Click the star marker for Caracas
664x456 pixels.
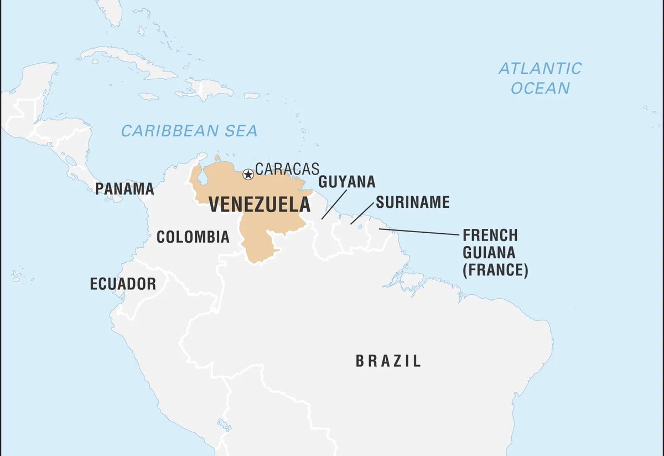coord(248,175)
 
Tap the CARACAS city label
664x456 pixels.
coord(287,169)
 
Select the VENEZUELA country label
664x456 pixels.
coord(260,204)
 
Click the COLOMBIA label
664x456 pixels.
coord(193,237)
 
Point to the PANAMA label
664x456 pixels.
coord(124,189)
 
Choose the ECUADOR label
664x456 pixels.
coord(123,284)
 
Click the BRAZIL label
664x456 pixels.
coord(388,361)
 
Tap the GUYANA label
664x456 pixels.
coord(347,182)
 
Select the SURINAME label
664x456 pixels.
coord(412,202)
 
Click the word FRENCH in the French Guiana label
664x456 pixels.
coord(490,234)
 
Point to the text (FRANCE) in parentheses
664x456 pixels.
coord(495,271)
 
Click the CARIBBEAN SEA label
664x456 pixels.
coord(189,131)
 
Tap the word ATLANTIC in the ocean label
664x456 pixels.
coord(540,69)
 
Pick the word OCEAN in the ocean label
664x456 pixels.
coord(540,88)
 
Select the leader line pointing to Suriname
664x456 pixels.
coord(362,213)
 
